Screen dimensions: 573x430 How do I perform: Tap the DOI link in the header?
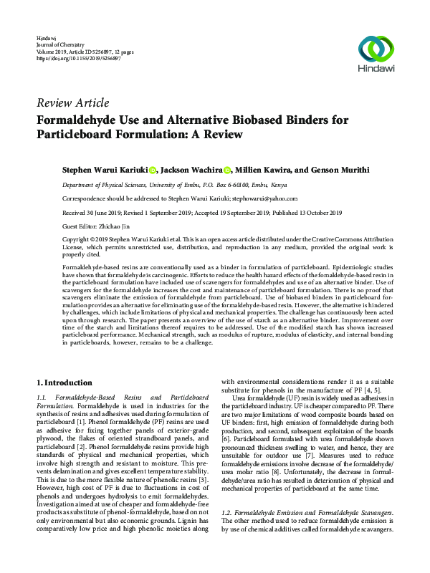click(x=78, y=58)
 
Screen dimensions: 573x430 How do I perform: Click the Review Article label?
click(x=72, y=102)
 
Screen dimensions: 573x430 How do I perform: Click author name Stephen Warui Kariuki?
click(x=104, y=170)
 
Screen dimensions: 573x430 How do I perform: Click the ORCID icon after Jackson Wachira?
click(x=227, y=170)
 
